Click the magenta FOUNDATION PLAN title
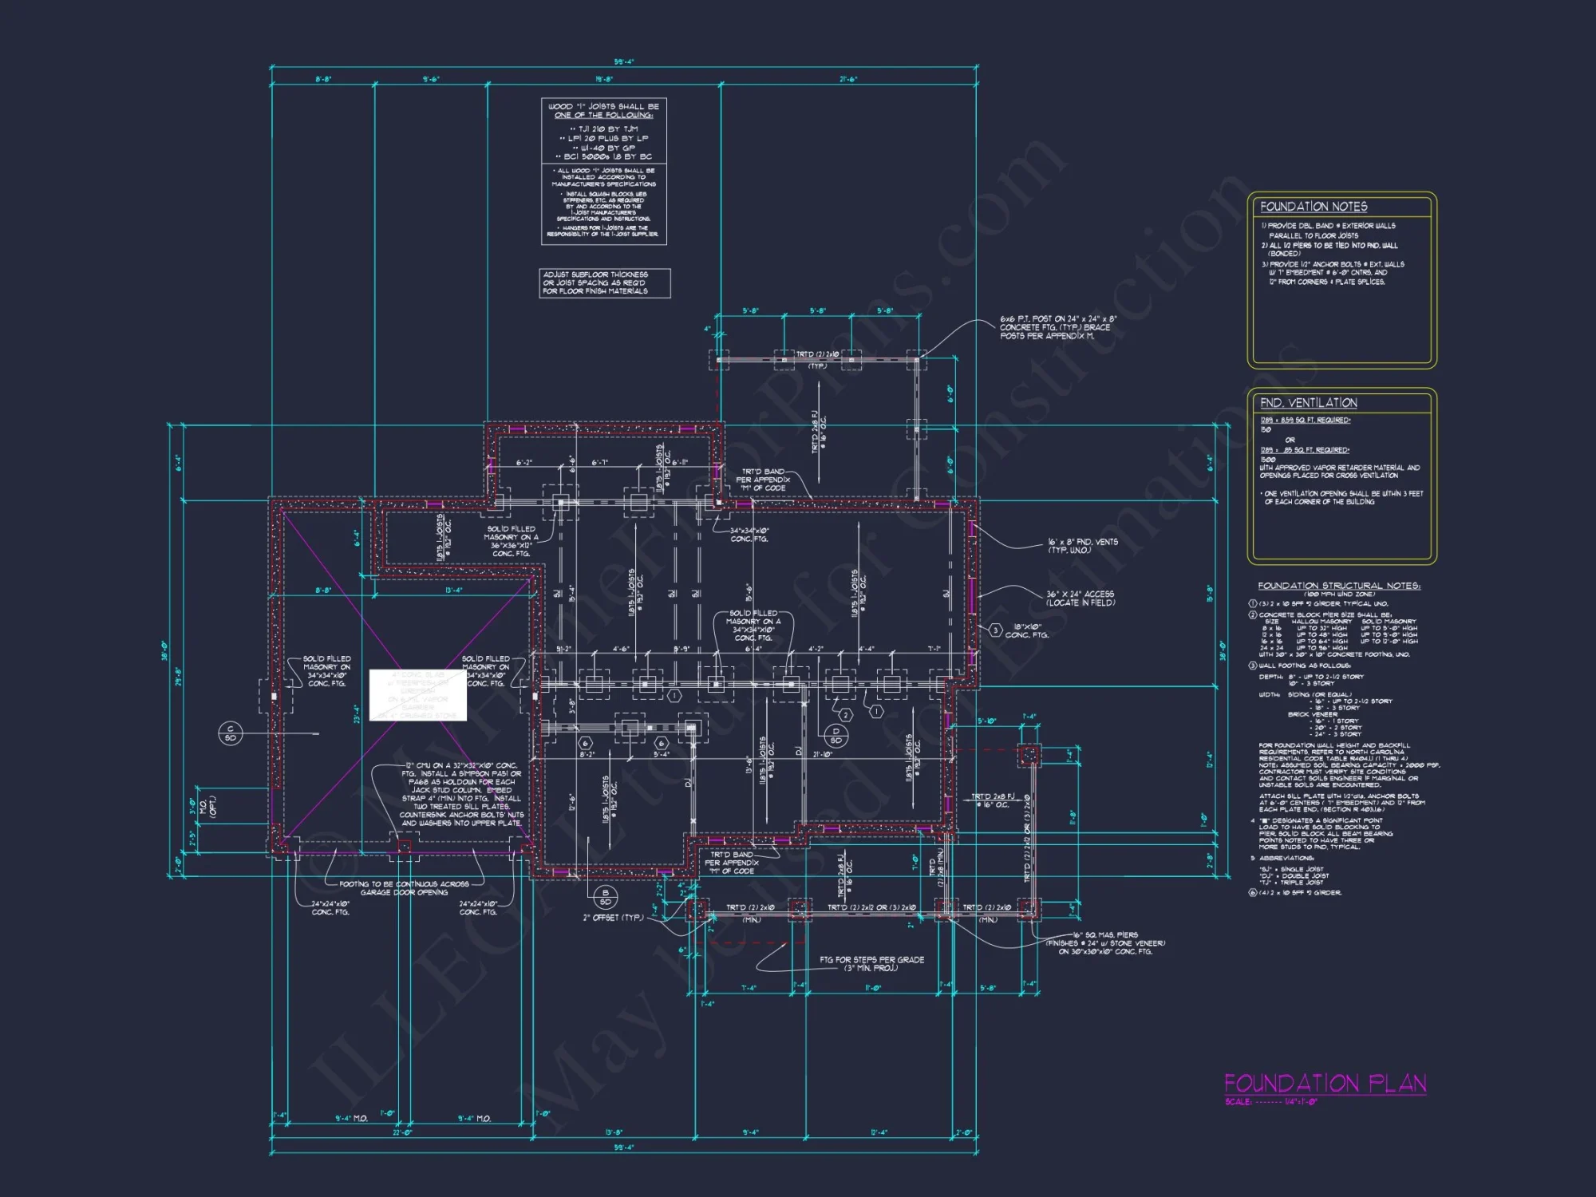pyautogui.click(x=1325, y=1083)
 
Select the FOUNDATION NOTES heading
pyautogui.click(x=1314, y=207)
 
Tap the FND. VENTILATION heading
pyautogui.click(x=1308, y=403)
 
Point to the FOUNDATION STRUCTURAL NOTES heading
pyautogui.click(x=1338, y=586)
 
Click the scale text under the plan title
pyautogui.click(x=1271, y=1102)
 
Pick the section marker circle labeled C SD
pyautogui.click(x=230, y=733)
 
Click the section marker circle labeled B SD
pyautogui.click(x=606, y=897)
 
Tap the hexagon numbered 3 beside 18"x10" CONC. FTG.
pyautogui.click(x=996, y=630)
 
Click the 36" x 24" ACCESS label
pyautogui.click(x=1080, y=598)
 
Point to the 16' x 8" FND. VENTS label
pyautogui.click(x=1082, y=546)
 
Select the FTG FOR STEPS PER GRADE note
pyautogui.click(x=871, y=963)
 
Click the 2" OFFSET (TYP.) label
pyautogui.click(x=612, y=918)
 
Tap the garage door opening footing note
pyautogui.click(x=405, y=888)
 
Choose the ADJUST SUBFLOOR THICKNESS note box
pyautogui.click(x=604, y=283)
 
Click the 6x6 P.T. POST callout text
pyautogui.click(x=1057, y=327)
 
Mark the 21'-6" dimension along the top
pyautogui.click(x=847, y=80)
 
